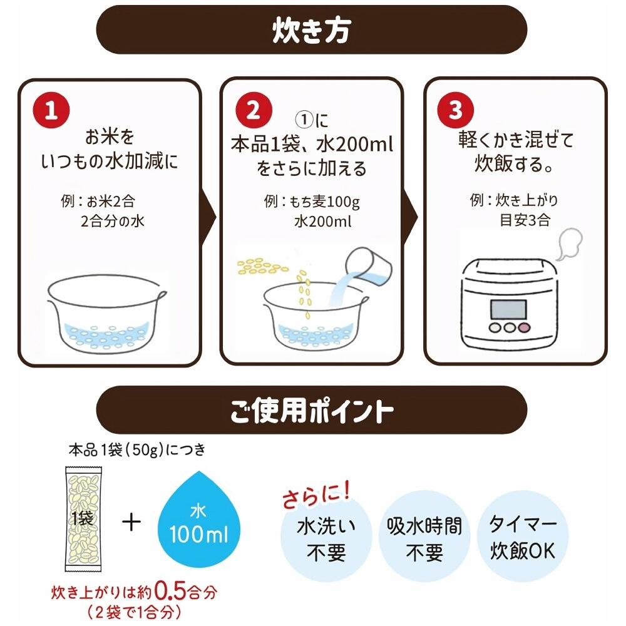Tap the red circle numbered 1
[x=51, y=111]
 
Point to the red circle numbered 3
[x=456, y=111]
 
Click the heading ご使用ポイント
[x=311, y=411]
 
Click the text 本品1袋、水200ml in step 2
[x=310, y=145]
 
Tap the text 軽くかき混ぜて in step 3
[x=515, y=139]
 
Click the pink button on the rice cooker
[x=523, y=327]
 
